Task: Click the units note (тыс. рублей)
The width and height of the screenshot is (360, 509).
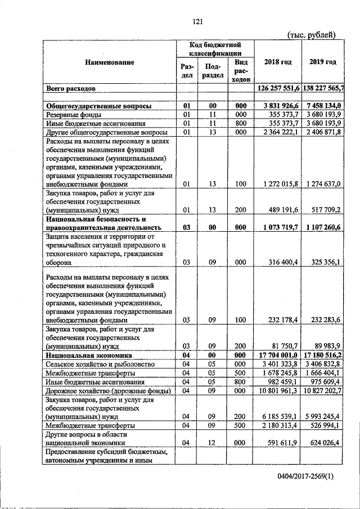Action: tap(312, 35)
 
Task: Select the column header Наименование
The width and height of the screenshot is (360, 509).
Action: tap(109, 62)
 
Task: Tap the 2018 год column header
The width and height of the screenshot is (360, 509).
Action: tap(277, 61)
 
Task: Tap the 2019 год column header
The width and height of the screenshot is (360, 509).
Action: tap(323, 61)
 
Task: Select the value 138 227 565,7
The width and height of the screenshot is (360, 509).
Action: tap(323, 89)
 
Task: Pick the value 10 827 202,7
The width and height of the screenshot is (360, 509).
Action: tap(323, 390)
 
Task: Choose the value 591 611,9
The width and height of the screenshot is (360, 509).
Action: tap(283, 443)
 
